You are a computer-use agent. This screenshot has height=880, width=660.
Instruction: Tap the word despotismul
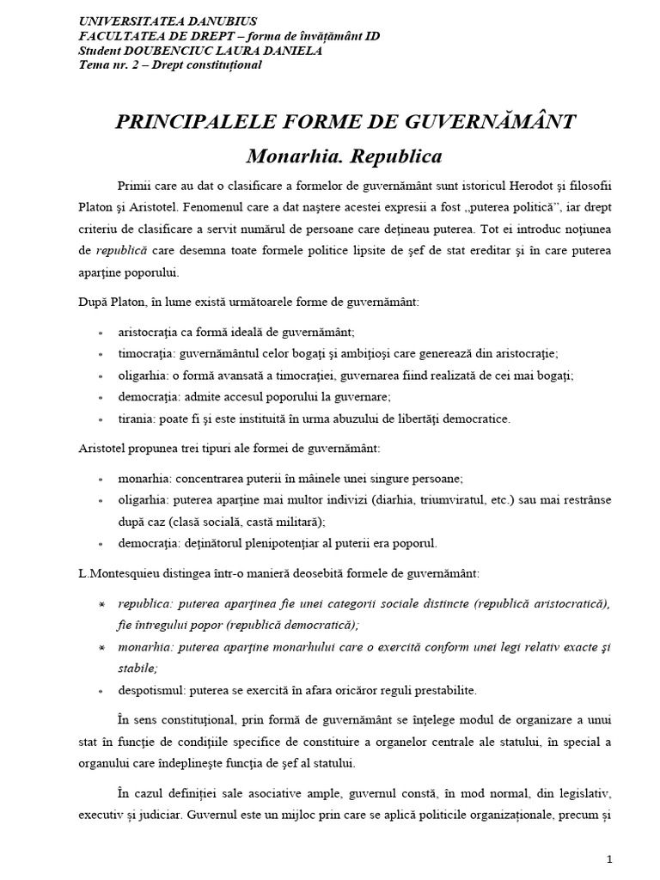point(152,690)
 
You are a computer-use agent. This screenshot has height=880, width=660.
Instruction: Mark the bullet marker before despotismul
point(101,690)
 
